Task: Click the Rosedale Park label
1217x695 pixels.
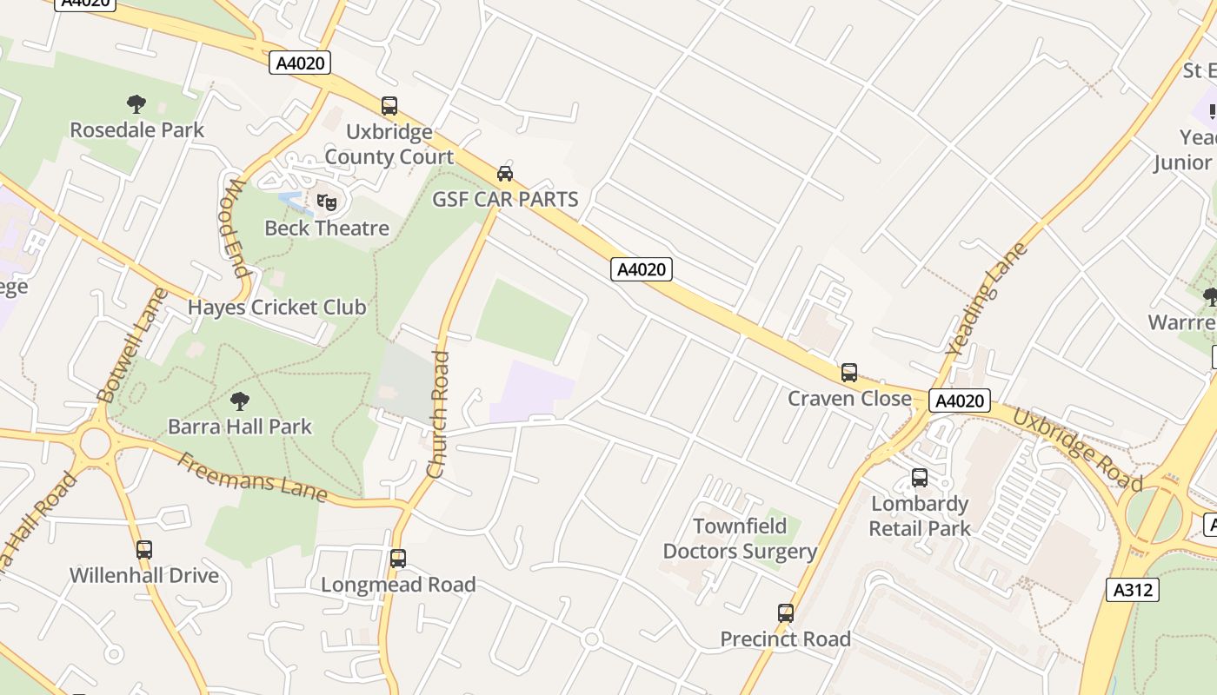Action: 137,130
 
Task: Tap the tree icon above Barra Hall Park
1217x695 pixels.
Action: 240,401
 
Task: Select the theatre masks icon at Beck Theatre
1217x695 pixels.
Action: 327,202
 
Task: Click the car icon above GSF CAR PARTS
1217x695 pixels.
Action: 505,174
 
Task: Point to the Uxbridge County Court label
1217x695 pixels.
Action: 389,144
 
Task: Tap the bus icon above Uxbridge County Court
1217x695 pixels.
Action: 389,106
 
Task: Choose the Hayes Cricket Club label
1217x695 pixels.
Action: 277,308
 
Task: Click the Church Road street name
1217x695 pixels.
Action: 438,414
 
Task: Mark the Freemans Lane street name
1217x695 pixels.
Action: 252,478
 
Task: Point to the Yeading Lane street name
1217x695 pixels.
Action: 987,299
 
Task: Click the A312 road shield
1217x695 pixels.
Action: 1134,590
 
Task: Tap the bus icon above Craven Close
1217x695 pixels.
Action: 849,373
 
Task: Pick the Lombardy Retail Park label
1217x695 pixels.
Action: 920,516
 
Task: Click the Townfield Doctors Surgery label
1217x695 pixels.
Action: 740,539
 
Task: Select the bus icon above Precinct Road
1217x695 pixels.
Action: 786,613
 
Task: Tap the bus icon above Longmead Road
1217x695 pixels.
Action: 398,559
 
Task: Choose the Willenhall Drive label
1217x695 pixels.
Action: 144,575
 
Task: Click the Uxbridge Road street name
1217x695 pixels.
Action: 1077,449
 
